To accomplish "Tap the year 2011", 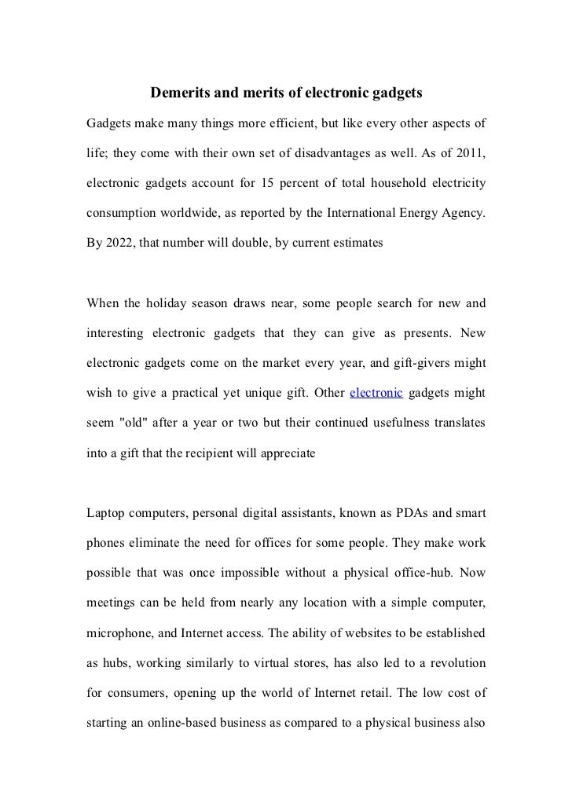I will pos(468,154).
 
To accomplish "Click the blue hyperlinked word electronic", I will pos(376,393).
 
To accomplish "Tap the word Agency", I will pos(464,214).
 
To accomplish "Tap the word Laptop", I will pos(107,514).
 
